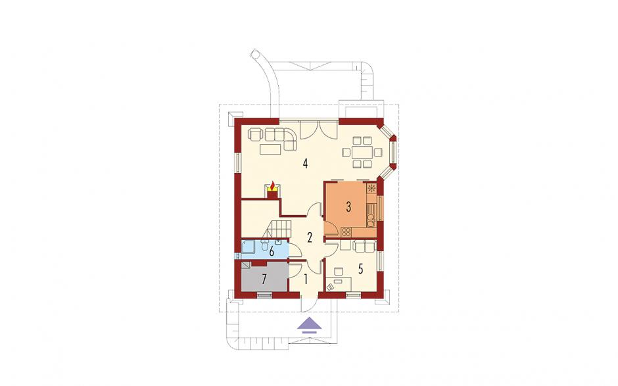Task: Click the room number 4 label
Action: click(x=305, y=163)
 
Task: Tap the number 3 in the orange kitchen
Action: click(x=348, y=207)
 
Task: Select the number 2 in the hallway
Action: click(x=310, y=237)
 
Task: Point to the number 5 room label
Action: click(x=360, y=269)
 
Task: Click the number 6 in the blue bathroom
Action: click(x=272, y=251)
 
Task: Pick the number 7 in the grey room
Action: click(x=264, y=279)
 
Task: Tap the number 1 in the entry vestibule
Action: click(x=306, y=279)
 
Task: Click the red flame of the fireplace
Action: click(x=272, y=185)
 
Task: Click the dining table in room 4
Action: click(x=362, y=152)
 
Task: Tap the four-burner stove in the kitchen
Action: click(x=346, y=232)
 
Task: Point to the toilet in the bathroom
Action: click(x=264, y=246)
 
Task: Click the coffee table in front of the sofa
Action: click(x=270, y=149)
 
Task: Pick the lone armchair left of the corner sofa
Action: click(x=255, y=134)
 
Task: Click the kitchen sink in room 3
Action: click(x=371, y=220)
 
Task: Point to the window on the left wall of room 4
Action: click(x=237, y=162)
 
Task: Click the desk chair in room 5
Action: click(x=338, y=272)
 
